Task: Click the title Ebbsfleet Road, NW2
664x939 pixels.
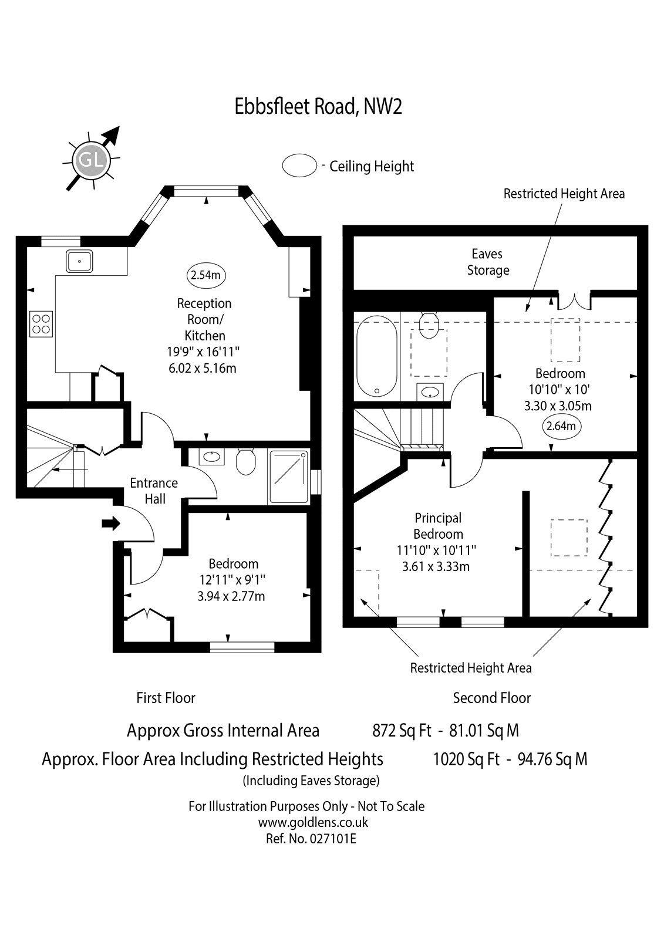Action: (318, 106)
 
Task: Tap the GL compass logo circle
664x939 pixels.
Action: (91, 160)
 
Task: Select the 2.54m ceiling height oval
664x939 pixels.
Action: (206, 275)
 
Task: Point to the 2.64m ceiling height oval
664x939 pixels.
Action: (561, 426)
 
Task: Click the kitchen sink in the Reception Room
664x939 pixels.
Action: (79, 261)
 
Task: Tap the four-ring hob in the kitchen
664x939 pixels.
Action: (41, 324)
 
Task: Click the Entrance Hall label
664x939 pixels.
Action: (154, 491)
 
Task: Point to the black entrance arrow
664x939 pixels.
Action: (111, 523)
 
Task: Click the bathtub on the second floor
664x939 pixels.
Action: (376, 356)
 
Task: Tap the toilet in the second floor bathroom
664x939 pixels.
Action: (429, 325)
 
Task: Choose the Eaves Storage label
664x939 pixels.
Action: (487, 262)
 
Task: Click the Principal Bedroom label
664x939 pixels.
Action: (438, 526)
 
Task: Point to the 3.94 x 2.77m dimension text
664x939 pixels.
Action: (231, 596)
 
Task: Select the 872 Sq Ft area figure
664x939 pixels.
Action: (402, 731)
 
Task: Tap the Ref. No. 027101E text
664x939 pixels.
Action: (311, 839)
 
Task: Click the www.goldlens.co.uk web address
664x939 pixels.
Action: (313, 822)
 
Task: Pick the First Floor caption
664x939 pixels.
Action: (166, 698)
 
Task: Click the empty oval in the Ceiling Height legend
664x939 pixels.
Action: (299, 165)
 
